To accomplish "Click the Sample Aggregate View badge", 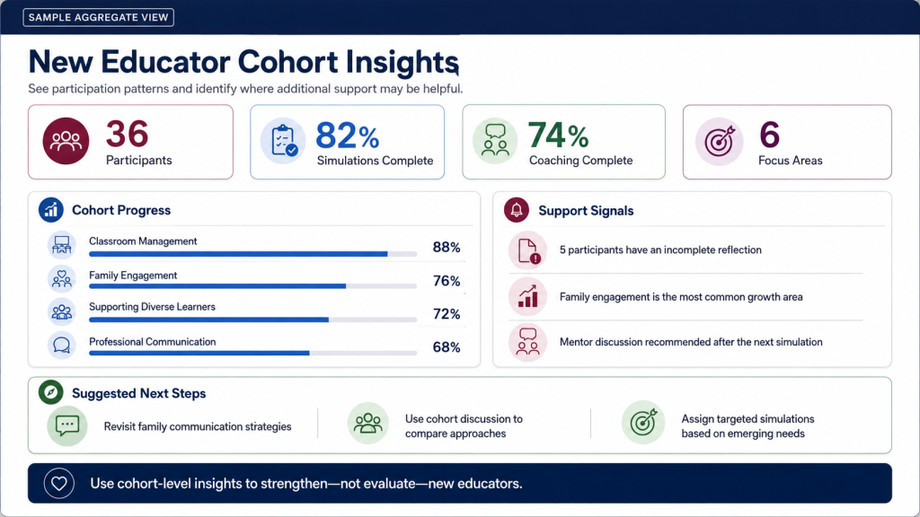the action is (x=99, y=18).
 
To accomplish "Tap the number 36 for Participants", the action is (x=127, y=135).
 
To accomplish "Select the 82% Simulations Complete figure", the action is (x=348, y=136).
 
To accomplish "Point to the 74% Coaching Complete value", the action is (x=558, y=136).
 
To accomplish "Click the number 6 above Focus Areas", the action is (x=769, y=135).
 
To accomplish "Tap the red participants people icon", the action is (x=66, y=141).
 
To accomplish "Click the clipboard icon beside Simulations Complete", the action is (x=283, y=141).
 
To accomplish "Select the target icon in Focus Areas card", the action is (x=720, y=141).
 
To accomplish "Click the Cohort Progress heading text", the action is (x=121, y=210).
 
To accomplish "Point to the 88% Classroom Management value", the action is (x=447, y=248).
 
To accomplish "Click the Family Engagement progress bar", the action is (x=252, y=286).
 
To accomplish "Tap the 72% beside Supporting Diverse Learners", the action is (x=447, y=314).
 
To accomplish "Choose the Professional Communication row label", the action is (x=153, y=342).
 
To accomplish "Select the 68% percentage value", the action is (x=447, y=347).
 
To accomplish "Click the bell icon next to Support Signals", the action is (x=517, y=210).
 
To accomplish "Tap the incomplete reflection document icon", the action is (x=527, y=250).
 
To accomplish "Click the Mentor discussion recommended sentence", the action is (x=691, y=342).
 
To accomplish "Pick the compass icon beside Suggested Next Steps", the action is (x=51, y=392).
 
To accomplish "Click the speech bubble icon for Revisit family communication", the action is (x=66, y=425).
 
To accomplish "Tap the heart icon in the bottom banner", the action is (x=58, y=484).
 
